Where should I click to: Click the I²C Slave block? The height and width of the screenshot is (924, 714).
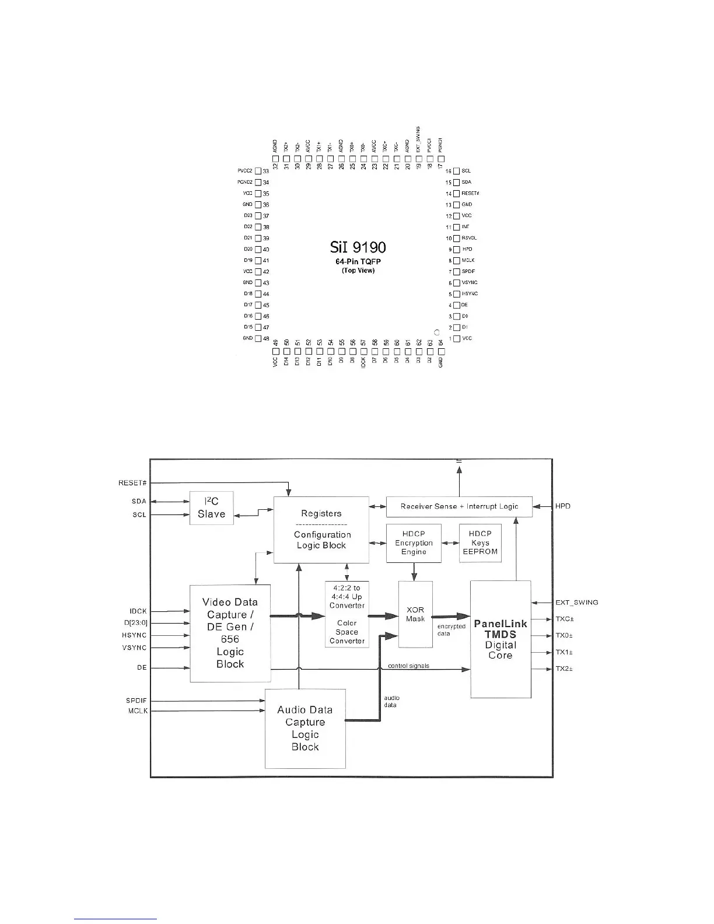point(211,508)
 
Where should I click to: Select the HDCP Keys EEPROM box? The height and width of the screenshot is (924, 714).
point(480,543)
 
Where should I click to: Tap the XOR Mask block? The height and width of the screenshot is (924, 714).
point(415,614)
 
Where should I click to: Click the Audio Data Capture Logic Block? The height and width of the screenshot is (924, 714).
point(305,729)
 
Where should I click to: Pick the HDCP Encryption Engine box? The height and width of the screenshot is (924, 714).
point(414,543)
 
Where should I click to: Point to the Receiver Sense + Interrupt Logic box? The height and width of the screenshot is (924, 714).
point(459,506)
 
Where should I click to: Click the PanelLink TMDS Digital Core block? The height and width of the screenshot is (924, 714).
point(501,639)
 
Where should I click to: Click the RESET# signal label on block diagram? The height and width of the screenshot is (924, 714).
point(132,483)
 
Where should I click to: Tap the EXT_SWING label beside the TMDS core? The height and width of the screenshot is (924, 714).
point(576,603)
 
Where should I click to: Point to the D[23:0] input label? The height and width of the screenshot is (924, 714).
point(135,623)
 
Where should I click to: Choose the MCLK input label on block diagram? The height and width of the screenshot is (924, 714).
point(138,710)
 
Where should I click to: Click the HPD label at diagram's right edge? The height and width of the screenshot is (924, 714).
point(562,506)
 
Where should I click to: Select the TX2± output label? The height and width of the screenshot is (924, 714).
point(563,668)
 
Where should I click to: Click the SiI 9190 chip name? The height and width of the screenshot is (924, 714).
point(358,247)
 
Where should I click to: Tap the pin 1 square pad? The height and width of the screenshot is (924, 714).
point(457,338)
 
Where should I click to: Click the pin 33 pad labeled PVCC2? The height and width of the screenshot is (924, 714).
point(258,171)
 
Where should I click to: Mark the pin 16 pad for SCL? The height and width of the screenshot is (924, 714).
point(457,171)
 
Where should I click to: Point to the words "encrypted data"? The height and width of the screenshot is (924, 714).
point(451,630)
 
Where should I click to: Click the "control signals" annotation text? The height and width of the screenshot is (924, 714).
point(408,666)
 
